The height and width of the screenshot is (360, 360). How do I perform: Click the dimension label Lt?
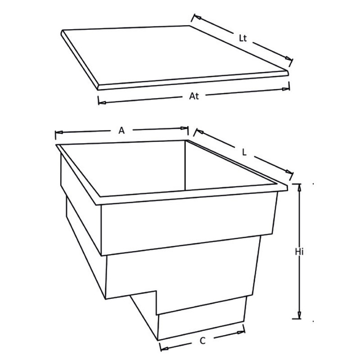(x=243, y=38)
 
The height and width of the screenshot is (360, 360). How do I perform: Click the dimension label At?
(x=194, y=96)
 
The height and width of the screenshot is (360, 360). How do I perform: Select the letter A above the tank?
(x=121, y=130)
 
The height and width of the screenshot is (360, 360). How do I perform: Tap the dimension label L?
(x=244, y=153)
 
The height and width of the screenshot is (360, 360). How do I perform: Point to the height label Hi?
(x=299, y=252)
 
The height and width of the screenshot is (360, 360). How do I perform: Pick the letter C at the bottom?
(x=202, y=341)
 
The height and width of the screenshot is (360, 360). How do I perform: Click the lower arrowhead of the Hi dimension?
(x=299, y=315)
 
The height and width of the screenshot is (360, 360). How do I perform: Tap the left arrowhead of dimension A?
(x=59, y=132)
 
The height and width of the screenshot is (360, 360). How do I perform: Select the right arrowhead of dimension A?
(x=184, y=128)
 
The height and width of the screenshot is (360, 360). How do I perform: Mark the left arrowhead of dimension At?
(x=103, y=103)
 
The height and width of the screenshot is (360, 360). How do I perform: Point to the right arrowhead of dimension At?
(x=286, y=89)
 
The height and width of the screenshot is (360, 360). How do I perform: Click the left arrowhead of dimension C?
(x=164, y=348)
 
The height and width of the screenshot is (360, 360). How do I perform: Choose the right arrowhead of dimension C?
(x=241, y=332)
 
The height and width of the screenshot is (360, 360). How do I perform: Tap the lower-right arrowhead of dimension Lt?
(x=288, y=58)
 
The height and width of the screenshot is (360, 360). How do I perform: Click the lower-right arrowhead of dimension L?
(x=289, y=172)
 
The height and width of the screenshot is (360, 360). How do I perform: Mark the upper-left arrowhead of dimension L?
(x=200, y=131)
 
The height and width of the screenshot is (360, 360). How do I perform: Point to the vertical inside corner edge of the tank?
(x=185, y=165)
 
